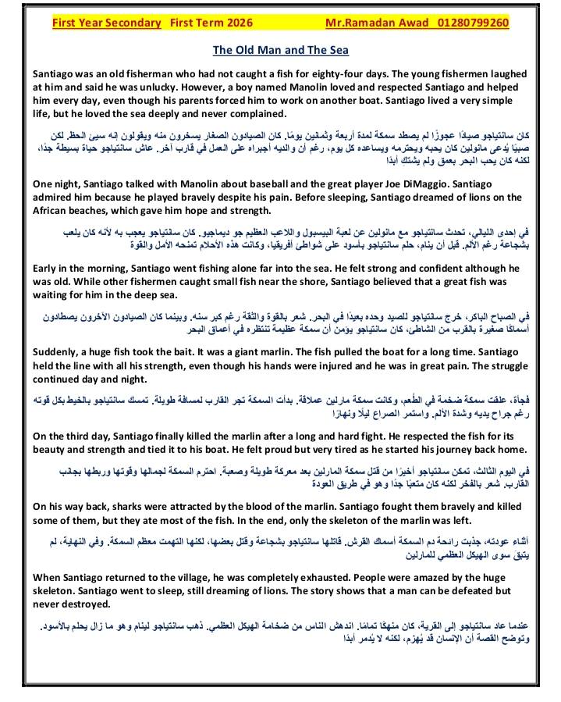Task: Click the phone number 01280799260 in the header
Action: click(x=471, y=23)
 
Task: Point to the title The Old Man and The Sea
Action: click(x=280, y=50)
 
